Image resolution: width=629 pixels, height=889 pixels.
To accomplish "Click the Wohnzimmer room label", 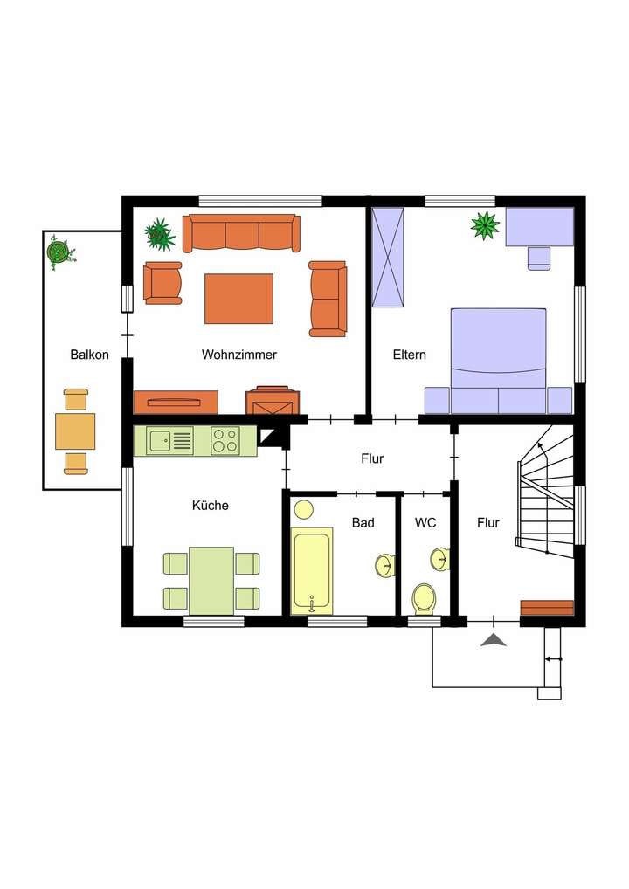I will [238, 355].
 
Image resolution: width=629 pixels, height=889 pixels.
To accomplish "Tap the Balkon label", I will [89, 355].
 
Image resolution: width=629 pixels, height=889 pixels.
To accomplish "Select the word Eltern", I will [409, 355].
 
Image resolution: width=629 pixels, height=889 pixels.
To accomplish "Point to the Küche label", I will [210, 505].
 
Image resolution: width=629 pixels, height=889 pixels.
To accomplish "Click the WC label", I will [425, 522].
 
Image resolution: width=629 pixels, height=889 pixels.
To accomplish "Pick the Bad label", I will [363, 522].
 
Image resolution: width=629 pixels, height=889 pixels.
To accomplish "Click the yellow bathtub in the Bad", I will [311, 569].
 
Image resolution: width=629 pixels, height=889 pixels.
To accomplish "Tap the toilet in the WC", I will [424, 599].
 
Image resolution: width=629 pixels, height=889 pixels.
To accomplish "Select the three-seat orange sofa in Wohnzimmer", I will [241, 233].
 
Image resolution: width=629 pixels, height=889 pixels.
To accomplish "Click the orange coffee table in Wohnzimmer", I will [238, 299].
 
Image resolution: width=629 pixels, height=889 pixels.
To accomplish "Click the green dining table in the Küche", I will [211, 580].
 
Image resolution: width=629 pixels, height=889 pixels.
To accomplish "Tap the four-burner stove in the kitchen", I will [225, 440].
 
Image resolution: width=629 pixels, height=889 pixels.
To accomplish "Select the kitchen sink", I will [160, 440].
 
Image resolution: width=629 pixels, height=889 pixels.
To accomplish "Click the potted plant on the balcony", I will [59, 252].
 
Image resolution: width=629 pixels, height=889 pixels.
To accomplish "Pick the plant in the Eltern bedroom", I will [485, 225].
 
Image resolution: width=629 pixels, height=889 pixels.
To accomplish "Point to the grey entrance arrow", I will [494, 641].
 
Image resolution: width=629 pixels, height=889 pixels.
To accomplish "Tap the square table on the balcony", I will [75, 431].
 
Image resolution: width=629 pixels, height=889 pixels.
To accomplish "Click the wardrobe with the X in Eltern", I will [388, 257].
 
